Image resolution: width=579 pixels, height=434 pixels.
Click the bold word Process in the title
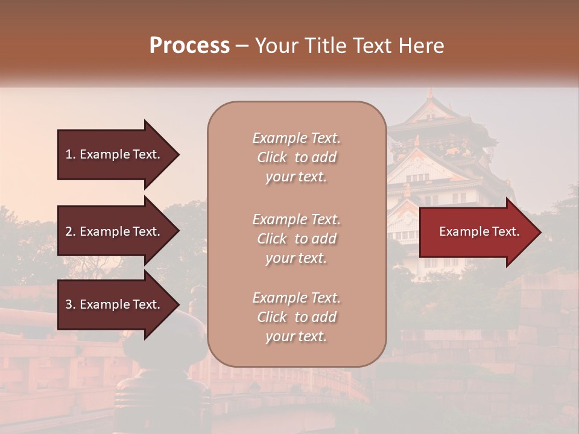[189, 46]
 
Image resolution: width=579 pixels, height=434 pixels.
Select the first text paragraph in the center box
[296, 157]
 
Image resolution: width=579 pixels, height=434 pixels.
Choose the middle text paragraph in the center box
[296, 239]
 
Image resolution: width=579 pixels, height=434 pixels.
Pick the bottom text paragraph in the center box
[296, 317]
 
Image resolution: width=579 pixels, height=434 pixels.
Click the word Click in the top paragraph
[272, 157]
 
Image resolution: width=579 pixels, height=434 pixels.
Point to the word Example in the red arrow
[460, 231]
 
